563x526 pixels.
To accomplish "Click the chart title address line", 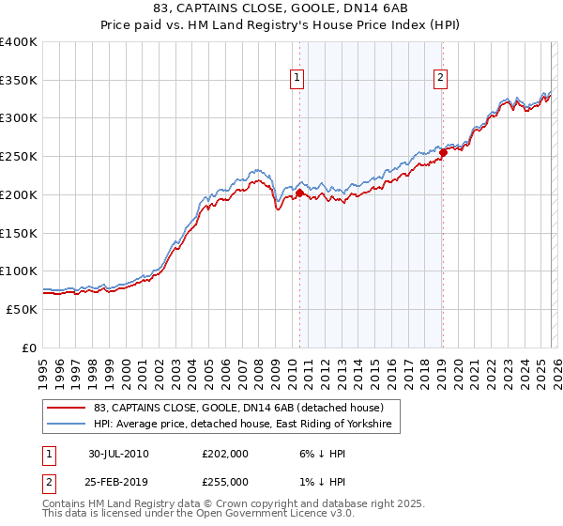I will coord(281,10).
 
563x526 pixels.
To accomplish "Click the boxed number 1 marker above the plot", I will coord(297,79).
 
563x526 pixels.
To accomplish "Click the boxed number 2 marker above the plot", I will coord(440,79).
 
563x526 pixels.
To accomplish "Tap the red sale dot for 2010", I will coord(299,193).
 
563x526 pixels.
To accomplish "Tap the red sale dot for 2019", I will coord(442,153).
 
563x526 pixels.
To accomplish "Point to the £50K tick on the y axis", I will coord(22,309).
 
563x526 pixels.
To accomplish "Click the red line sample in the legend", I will coord(67,409).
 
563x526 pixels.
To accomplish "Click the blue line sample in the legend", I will coord(67,425).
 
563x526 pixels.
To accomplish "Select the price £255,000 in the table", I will coord(225,482).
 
